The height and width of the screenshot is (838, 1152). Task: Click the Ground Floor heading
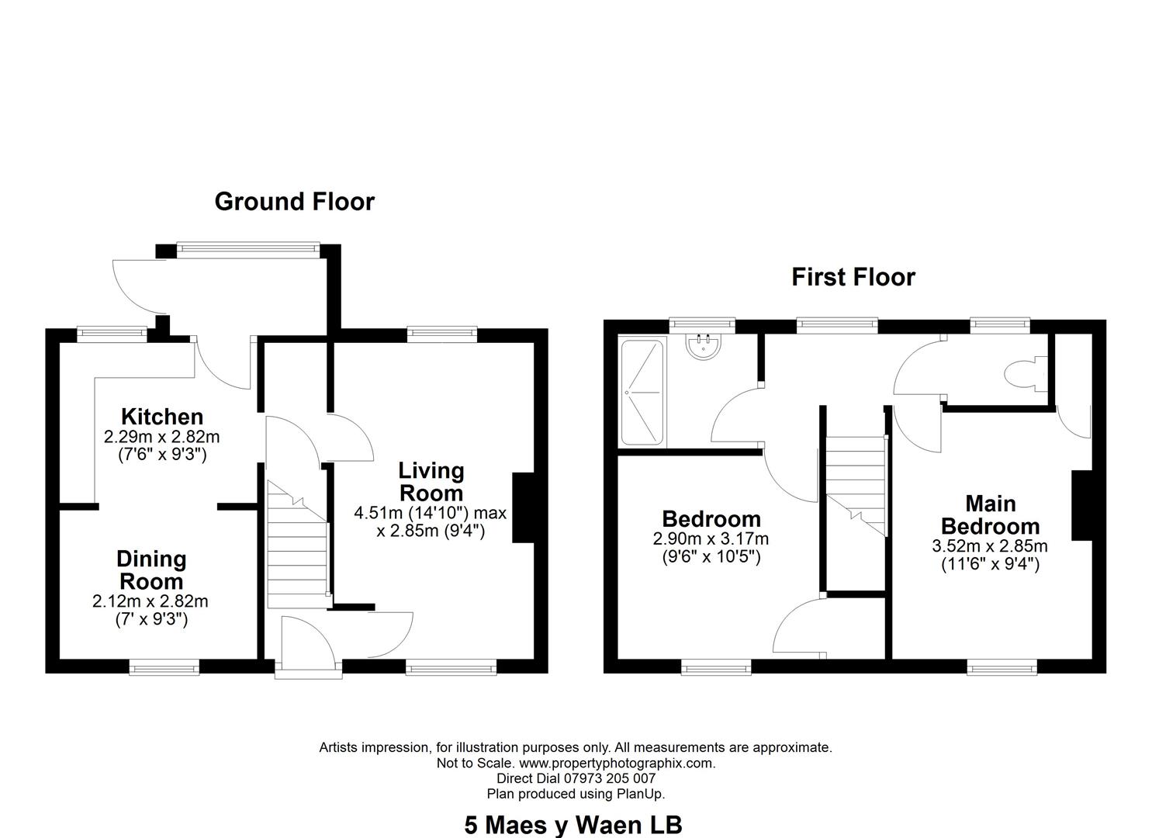pyautogui.click(x=294, y=202)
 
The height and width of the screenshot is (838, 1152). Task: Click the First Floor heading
pyautogui.click(x=853, y=277)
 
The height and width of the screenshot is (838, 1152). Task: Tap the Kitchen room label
pyautogui.click(x=162, y=417)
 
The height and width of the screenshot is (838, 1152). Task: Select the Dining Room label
pyautogui.click(x=151, y=570)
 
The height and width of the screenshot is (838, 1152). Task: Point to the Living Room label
pyautogui.click(x=431, y=482)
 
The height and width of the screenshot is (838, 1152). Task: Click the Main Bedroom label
pyautogui.click(x=990, y=515)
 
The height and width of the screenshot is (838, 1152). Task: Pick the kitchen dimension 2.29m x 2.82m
pyautogui.click(x=161, y=437)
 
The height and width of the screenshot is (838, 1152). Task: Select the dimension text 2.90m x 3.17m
pyautogui.click(x=711, y=538)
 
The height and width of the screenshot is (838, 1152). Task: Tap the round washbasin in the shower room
pyautogui.click(x=703, y=346)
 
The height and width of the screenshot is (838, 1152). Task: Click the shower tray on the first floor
pyautogui.click(x=642, y=393)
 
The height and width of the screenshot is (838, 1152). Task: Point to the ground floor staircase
pyautogui.click(x=298, y=545)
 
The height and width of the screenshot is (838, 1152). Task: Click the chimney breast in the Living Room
pyautogui.click(x=524, y=507)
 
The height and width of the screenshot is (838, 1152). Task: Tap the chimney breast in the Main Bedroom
pyautogui.click(x=1081, y=505)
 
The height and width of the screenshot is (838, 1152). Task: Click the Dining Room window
pyautogui.click(x=164, y=668)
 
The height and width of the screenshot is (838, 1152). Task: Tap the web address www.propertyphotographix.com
pyautogui.click(x=618, y=763)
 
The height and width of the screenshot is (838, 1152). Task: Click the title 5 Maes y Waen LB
pyautogui.click(x=573, y=825)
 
